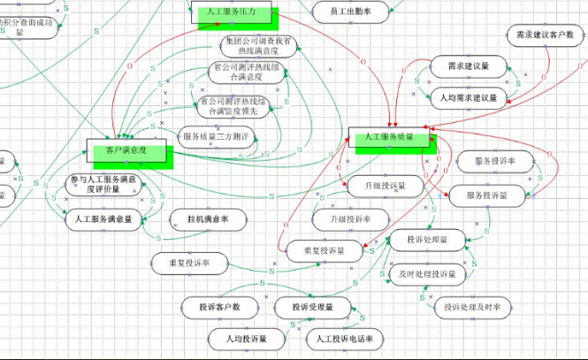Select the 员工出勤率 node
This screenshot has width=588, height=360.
pos(349,11)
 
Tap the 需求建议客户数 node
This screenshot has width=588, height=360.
pos(546,36)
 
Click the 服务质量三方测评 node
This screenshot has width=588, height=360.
pos(217,136)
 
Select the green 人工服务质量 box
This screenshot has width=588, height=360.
pos(388,137)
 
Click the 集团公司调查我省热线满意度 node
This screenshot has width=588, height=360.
pos(256,47)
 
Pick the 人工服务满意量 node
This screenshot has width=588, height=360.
pos(104,218)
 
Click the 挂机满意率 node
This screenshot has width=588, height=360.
pos(207,218)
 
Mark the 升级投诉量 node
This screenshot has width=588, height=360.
pos(376,187)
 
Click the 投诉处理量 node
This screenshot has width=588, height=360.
pos(427,240)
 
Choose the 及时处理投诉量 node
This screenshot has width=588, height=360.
pos(427,274)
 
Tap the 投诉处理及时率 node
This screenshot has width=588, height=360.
pos(473,308)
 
